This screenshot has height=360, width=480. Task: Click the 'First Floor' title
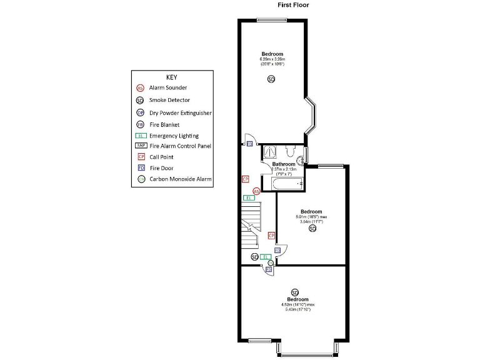click(293, 5)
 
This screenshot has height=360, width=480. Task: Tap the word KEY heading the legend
click(172, 77)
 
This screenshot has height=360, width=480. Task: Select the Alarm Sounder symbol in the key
click(140, 88)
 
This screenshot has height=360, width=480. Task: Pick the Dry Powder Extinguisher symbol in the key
click(140, 112)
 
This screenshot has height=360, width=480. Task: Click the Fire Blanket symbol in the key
click(140, 124)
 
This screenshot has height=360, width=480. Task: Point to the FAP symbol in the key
click(140, 146)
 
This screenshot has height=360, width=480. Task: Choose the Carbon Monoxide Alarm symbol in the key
click(140, 179)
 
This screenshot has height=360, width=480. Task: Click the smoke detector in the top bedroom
click(271, 79)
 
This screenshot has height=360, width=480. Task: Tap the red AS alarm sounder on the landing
click(256, 191)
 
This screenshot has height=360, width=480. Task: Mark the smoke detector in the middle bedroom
click(312, 229)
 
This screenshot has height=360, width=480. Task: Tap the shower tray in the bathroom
click(271, 151)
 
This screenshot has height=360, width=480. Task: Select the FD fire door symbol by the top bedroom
click(249, 144)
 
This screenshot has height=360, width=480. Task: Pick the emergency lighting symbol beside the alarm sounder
click(249, 198)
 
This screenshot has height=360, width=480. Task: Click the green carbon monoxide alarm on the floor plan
click(270, 263)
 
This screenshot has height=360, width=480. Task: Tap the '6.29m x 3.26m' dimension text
click(272, 59)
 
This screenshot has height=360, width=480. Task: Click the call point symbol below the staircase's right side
click(271, 236)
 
